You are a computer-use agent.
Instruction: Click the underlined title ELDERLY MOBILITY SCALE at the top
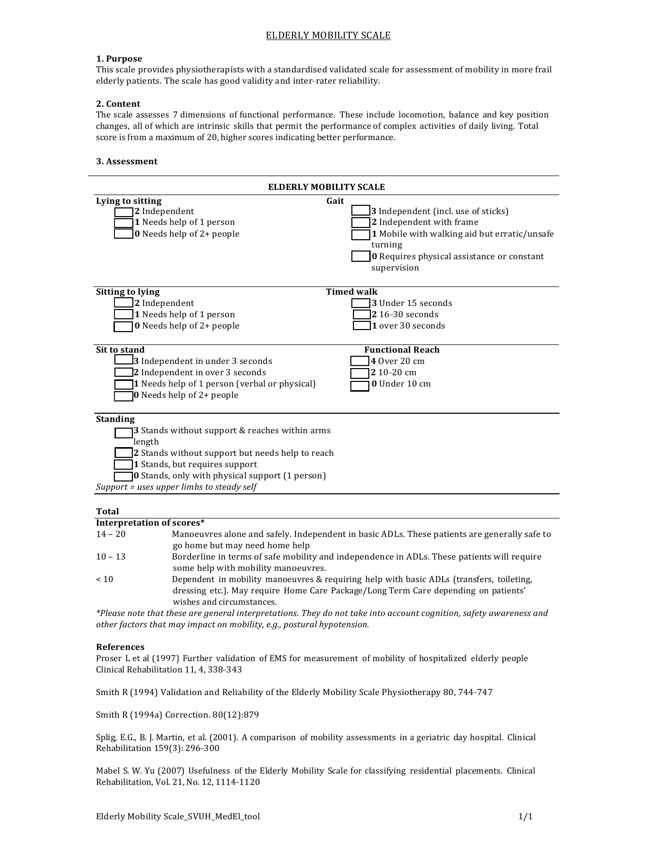pos(328,35)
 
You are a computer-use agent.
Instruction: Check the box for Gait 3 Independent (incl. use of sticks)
pos(360,211)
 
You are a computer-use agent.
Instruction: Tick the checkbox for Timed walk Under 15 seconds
pos(360,303)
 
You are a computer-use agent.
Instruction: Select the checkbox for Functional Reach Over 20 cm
pos(360,361)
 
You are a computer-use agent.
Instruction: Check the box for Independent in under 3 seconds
pos(123,360)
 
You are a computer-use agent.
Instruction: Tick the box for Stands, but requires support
pos(123,465)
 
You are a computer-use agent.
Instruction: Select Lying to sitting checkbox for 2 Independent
pos(123,211)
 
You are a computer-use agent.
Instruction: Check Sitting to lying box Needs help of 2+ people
pos(123,326)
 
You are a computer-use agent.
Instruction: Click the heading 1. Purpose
pos(119,59)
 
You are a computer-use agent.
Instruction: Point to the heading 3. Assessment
pos(127,161)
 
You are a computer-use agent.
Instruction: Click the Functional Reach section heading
pos(402,350)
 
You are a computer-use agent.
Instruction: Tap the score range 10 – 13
pos(111,556)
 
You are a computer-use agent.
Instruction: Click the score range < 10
pos(105,579)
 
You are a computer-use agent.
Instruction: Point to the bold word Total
pos(107,511)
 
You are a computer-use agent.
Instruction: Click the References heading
pos(120,647)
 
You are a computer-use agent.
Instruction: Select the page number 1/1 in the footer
pos(525,816)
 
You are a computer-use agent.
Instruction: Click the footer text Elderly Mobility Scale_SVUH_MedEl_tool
pos(178,816)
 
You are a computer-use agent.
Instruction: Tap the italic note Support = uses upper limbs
pos(176,487)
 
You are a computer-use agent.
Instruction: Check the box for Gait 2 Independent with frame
pos(360,223)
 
